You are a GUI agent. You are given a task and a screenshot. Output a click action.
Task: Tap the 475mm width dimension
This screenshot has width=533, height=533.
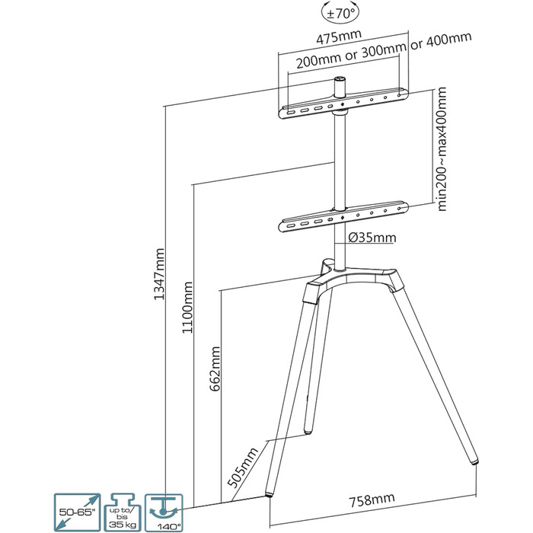click(x=339, y=37)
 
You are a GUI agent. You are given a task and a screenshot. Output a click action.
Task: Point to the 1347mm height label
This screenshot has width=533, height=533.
click(x=159, y=274)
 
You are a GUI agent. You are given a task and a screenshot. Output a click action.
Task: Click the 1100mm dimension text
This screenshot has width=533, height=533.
click(x=187, y=308)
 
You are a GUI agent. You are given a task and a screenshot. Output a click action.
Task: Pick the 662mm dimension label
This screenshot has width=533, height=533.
click(x=215, y=369)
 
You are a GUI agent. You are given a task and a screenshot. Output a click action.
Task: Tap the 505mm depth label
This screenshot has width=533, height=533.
click(x=243, y=468)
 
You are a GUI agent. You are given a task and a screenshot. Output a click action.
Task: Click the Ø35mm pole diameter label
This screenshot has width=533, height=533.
click(x=372, y=238)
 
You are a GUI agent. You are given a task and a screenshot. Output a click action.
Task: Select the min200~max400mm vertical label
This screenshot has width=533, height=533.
click(x=442, y=149)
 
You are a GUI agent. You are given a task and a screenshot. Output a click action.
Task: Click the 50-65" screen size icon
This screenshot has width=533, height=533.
click(x=77, y=512)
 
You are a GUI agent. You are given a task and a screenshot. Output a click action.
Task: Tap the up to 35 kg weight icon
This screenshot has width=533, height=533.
click(x=123, y=512)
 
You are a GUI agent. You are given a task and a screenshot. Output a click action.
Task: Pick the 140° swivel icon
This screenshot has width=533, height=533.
click(x=164, y=513)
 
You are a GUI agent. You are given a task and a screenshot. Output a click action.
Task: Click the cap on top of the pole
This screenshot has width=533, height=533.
click(x=340, y=79)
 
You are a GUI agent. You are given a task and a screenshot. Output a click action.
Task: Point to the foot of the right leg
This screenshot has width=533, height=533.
click(x=474, y=461)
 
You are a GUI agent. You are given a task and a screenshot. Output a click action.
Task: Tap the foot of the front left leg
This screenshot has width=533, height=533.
click(x=270, y=494)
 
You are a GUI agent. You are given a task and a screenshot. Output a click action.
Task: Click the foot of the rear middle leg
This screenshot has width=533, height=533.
click(x=308, y=432)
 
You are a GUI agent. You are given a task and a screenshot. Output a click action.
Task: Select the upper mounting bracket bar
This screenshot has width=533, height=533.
click(x=343, y=103)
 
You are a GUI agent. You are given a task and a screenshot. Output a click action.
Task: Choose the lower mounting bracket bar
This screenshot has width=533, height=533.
click(x=343, y=217)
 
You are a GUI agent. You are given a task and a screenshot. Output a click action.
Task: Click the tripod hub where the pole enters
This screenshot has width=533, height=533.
click(x=340, y=270)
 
